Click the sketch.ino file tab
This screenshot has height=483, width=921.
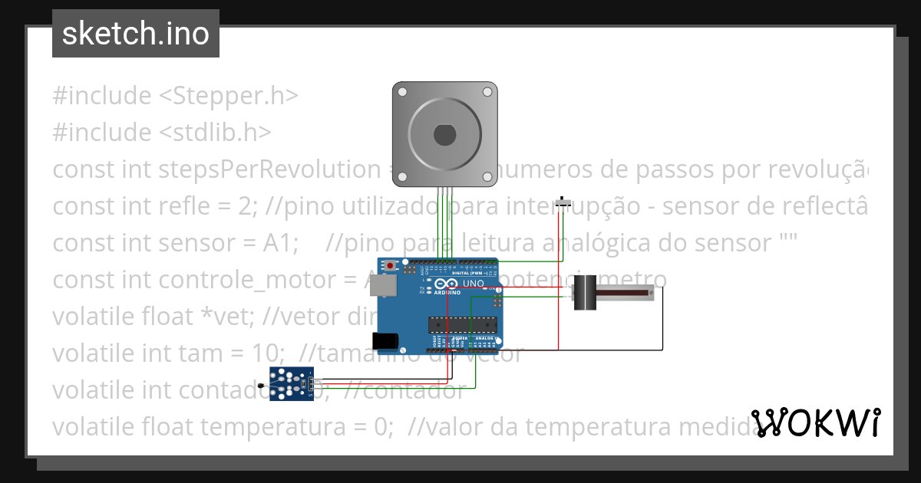[x=136, y=34]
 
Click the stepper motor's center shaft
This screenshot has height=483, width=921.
[x=445, y=134]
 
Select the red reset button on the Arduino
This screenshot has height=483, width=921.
[x=391, y=266]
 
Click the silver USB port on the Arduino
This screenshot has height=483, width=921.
[x=386, y=286]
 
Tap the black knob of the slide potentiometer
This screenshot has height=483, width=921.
[x=586, y=294]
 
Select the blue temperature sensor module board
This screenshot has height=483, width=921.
[x=292, y=383]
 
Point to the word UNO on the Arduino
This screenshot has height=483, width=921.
[x=473, y=284]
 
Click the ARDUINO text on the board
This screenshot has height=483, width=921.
[x=447, y=293]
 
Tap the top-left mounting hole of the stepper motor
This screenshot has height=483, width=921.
[x=402, y=91]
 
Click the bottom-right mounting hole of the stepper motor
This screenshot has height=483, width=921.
[x=487, y=177]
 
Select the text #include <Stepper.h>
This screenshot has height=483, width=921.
[x=175, y=96]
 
